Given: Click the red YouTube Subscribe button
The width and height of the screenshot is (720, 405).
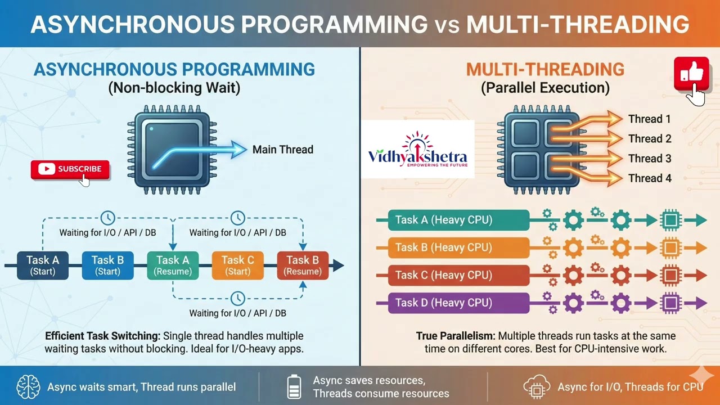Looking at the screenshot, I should point(70,169).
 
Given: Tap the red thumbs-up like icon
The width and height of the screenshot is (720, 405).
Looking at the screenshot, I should point(691,74).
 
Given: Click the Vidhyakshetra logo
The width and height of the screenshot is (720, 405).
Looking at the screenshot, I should point(417,149).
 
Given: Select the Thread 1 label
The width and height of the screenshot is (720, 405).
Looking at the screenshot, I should point(650,119).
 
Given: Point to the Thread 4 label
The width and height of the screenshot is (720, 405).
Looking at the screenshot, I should point(650,178).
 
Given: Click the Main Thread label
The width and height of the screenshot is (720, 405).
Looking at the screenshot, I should point(282,150).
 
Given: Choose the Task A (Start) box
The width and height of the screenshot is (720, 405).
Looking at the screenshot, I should point(43,265).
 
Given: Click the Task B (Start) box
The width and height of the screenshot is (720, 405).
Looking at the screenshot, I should point(107,265).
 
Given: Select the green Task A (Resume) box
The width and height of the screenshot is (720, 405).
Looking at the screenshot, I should point(173,265).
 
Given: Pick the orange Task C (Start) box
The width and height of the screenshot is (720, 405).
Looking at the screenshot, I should point(237,265).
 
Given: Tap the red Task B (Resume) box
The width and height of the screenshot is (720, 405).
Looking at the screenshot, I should point(303,265).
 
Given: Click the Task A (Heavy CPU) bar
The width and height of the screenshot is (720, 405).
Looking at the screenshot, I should point(458,220).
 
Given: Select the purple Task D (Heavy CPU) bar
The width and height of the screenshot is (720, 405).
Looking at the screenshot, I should point(458,303).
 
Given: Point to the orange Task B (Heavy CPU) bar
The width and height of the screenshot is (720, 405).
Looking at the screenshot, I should point(458,247).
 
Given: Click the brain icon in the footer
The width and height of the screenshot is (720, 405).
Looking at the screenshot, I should point(28,387).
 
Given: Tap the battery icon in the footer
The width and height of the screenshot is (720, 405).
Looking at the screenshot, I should point(294,387).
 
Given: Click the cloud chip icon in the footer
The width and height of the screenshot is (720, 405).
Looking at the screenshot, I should point(536,387).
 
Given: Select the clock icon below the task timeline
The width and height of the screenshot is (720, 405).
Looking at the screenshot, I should point(238,298).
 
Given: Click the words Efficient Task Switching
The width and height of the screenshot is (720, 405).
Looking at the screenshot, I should point(102,336).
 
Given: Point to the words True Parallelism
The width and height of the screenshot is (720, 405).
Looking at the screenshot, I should point(456,336).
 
